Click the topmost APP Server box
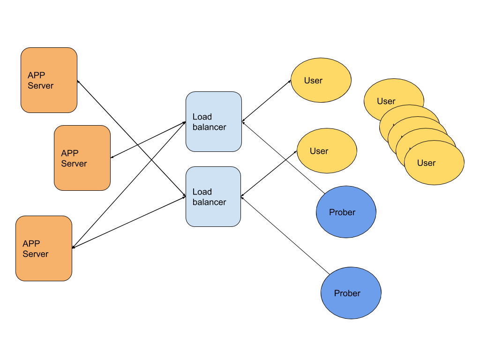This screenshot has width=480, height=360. (49, 80)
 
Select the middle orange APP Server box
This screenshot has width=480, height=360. (82, 158)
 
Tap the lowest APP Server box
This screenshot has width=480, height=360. (44, 248)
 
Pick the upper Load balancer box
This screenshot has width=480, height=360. (213, 122)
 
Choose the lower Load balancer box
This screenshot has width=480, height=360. (213, 197)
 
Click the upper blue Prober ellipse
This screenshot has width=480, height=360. (346, 212)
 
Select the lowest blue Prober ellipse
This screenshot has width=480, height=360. (351, 293)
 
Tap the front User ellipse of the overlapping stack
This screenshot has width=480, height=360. (434, 163)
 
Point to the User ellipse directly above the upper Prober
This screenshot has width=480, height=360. (327, 151)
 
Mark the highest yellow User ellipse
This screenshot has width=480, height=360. (321, 80)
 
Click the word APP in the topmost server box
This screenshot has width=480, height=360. (37, 75)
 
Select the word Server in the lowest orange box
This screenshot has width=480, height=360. (36, 254)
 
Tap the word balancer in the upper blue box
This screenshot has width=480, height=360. (210, 127)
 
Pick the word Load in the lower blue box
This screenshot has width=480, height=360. (202, 192)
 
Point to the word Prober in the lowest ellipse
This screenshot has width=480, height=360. (347, 293)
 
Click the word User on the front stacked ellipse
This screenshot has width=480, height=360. (427, 163)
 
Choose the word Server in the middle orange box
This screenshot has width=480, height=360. (74, 164)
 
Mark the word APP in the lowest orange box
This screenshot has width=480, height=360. (31, 244)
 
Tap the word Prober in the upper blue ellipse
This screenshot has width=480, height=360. (342, 212)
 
